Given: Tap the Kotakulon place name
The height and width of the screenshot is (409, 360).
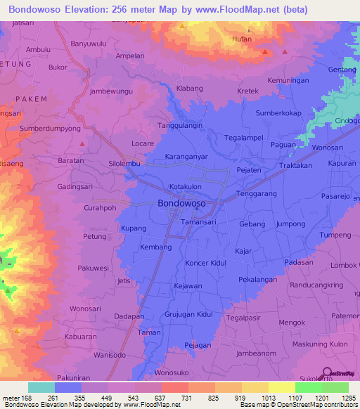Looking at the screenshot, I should coord(186,187).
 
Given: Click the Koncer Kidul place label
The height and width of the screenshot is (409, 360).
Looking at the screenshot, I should coord(207,263).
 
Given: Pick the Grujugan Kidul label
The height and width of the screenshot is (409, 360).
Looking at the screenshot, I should coord(188,314).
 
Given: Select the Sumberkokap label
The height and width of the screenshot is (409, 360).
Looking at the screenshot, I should coord(278,113).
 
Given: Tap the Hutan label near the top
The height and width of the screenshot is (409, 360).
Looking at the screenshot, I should coord(242,40).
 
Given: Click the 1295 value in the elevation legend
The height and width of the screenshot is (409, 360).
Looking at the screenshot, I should coord(348,398).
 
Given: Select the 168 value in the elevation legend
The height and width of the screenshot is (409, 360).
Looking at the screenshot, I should coord(27,398).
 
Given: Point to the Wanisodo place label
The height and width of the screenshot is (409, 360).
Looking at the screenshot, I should coord(110,355).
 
